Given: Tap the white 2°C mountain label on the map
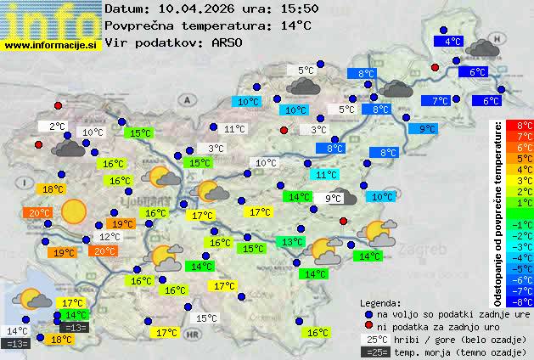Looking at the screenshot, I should (56, 127).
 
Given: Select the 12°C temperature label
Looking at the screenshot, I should (110, 237).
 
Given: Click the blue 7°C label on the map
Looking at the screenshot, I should (440, 101).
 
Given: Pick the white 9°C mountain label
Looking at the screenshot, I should (333, 199).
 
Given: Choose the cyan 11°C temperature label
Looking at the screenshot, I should (326, 175).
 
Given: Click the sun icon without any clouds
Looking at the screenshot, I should (74, 210).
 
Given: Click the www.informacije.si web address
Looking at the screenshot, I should (51, 44).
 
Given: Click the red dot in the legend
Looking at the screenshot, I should (368, 326).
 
